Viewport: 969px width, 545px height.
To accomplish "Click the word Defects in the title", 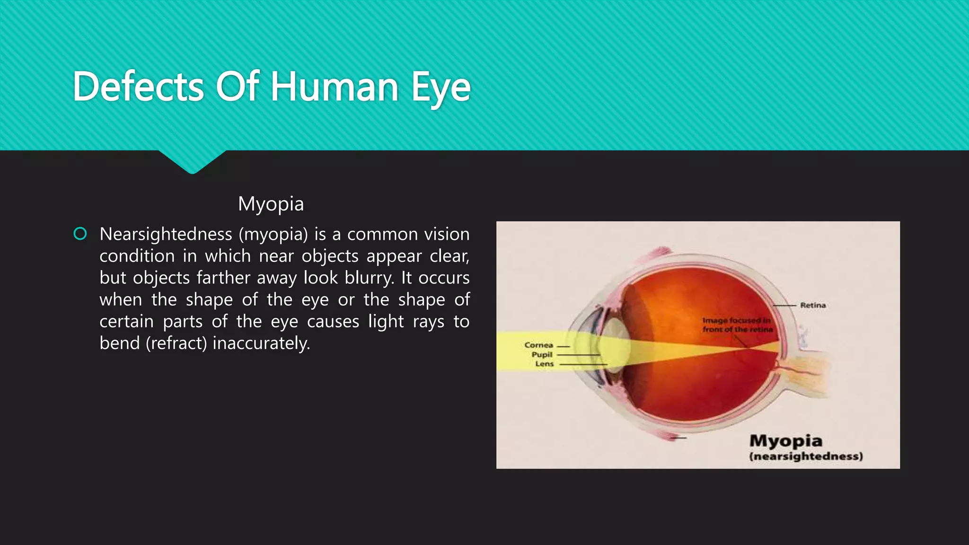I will coord(138,87).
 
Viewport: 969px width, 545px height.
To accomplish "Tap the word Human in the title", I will coord(334,87).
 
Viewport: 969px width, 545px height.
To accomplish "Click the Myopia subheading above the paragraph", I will coord(271,204).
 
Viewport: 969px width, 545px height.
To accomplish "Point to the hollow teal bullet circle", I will coord(80,234).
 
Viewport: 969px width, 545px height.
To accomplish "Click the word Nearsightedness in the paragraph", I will coord(166,234).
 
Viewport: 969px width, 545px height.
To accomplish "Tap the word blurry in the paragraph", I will coord(369,278).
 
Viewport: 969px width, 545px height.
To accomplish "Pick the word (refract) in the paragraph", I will coord(176,343).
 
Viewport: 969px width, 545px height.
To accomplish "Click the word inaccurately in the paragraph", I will coord(261,343).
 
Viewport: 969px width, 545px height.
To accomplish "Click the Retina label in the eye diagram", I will coord(813,305).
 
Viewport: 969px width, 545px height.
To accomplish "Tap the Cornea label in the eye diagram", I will coord(538,345).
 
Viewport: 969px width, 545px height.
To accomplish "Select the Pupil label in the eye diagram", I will coord(542,354).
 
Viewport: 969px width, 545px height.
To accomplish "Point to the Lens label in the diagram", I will coord(544,364).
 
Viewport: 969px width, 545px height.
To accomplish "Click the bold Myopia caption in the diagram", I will coord(786,441).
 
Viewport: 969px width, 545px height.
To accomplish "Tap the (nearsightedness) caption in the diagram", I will coord(806,457).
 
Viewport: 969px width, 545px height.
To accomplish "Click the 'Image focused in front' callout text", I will coord(737,325).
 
